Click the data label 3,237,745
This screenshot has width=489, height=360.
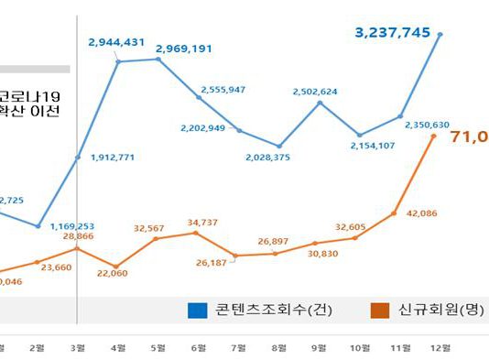click(x=393, y=32)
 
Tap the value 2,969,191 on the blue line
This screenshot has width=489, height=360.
click(x=184, y=48)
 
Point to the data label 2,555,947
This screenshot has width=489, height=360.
click(x=222, y=90)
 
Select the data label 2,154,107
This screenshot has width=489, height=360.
click(x=373, y=146)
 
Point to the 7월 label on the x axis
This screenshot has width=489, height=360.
click(x=239, y=347)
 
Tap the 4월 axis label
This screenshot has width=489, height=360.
click(x=118, y=347)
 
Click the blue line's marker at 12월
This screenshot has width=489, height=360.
click(x=440, y=35)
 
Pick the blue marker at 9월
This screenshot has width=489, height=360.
click(x=320, y=103)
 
